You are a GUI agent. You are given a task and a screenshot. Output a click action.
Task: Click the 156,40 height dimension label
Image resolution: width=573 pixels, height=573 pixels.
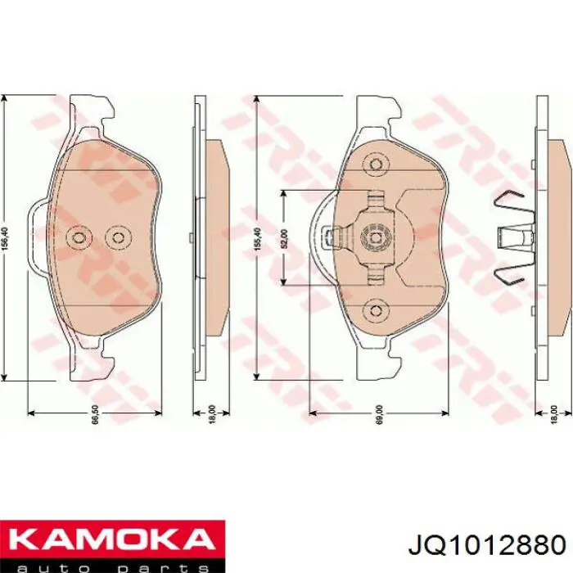pos(7,238)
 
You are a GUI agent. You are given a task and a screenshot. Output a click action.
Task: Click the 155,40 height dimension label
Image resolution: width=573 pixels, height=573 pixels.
pos(259,238)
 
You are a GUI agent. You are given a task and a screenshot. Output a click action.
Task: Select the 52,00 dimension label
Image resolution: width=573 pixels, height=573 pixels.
pos(284,238)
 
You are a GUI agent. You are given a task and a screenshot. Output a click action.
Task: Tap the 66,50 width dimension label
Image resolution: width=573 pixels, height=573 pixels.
pos(96,414)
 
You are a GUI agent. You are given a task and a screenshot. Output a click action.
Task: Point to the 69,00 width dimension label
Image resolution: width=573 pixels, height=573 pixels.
pos(378,414)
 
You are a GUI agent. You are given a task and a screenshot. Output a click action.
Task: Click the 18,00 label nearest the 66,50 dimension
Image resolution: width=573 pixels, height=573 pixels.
pos(211,414)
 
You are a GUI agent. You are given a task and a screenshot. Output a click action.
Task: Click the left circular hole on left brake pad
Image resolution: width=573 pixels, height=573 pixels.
pos(79,237)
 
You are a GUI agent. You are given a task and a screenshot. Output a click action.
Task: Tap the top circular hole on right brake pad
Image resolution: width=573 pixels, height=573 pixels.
pos(376,164)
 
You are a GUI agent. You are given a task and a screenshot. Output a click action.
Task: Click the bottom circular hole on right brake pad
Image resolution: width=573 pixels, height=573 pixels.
pos(376,310)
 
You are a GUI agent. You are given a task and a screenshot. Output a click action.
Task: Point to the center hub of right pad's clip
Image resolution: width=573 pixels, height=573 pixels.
pos(376,237)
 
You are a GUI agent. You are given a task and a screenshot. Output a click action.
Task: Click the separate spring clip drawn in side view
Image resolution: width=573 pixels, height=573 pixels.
pos(511,237)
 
